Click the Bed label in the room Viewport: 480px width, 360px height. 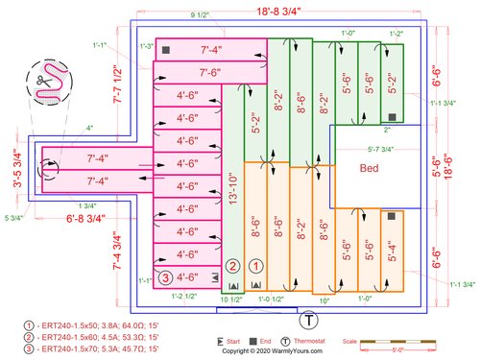pos(369,168)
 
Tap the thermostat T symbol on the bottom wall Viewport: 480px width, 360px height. pos(309,320)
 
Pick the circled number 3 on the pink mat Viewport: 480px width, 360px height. pos(166,278)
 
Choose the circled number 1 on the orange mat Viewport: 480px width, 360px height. pos(255,265)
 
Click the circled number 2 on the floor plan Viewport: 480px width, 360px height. pos(232,265)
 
